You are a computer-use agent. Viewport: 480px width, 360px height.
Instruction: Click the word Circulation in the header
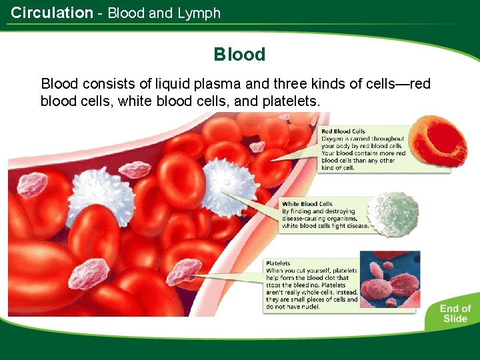pyautogui.click(x=52, y=13)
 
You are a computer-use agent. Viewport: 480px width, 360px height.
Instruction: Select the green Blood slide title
pyautogui.click(x=239, y=55)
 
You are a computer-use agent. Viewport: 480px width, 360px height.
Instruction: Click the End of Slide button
pyautogui.click(x=455, y=313)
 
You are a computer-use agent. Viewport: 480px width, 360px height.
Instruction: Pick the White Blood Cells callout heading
pyautogui.click(x=307, y=204)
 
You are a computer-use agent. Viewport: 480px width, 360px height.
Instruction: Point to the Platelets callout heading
pyautogui.click(x=278, y=263)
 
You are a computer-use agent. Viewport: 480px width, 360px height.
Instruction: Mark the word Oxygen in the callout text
pyautogui.click(x=335, y=139)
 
